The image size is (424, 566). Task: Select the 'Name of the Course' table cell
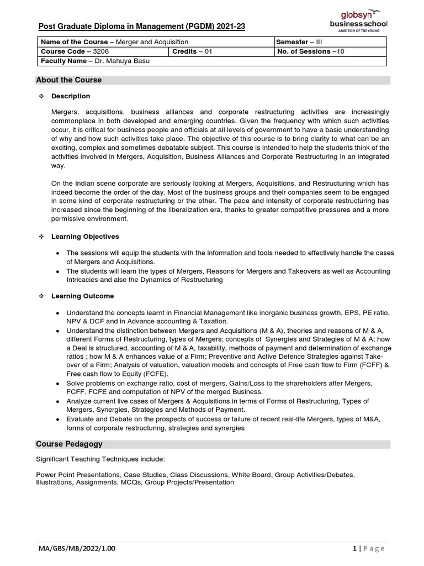(113, 42)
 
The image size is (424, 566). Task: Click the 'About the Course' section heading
(69, 80)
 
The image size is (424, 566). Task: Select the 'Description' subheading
(71, 96)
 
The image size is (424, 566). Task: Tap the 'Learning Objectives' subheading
(85, 237)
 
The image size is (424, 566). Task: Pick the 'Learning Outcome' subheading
(83, 296)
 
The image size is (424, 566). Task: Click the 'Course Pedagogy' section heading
(69, 444)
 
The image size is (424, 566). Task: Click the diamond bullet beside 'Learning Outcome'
(41, 296)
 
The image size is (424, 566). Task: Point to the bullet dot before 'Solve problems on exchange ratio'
(59, 383)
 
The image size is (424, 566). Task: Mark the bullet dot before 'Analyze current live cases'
(59, 401)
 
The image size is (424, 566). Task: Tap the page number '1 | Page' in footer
(368, 548)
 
